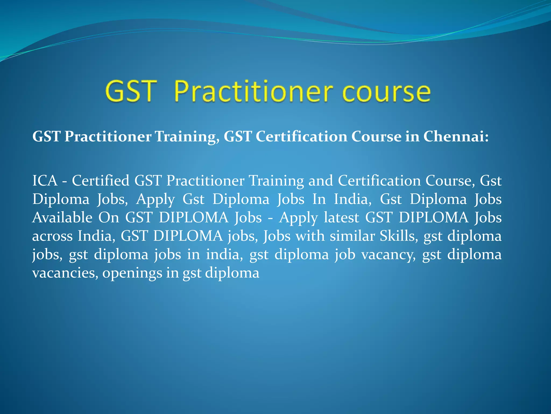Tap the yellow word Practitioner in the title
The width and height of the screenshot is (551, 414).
click(253, 92)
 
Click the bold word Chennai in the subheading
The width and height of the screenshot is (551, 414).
click(455, 136)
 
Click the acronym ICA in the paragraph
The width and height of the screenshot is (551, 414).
click(45, 180)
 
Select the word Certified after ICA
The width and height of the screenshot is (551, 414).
click(100, 180)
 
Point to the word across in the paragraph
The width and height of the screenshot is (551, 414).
click(52, 236)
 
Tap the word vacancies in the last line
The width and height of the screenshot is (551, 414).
click(65, 273)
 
